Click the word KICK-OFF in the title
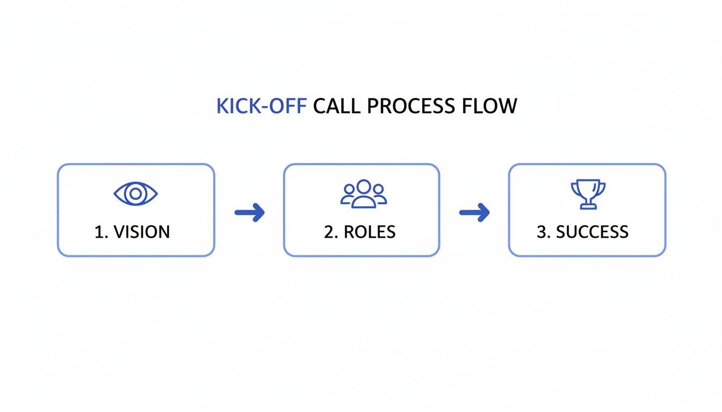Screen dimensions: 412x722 pyautogui.click(x=261, y=106)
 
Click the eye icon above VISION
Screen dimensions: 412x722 pyautogui.click(x=136, y=193)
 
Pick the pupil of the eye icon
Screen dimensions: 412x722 pyautogui.click(x=136, y=193)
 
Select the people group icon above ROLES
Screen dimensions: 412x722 pyautogui.click(x=364, y=194)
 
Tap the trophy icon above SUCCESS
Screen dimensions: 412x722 pyautogui.click(x=587, y=194)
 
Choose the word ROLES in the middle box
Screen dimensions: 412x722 pyautogui.click(x=370, y=232)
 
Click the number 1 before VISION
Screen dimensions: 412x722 pyautogui.click(x=99, y=232)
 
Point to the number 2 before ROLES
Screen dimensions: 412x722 pyautogui.click(x=329, y=232)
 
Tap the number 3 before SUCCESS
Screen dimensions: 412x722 pyautogui.click(x=541, y=232)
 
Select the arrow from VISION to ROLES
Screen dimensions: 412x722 pyautogui.click(x=250, y=212)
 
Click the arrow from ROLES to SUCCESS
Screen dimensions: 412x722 pyautogui.click(x=474, y=212)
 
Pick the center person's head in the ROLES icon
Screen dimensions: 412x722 pyautogui.click(x=364, y=187)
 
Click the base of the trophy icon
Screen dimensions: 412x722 pyautogui.click(x=587, y=206)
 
